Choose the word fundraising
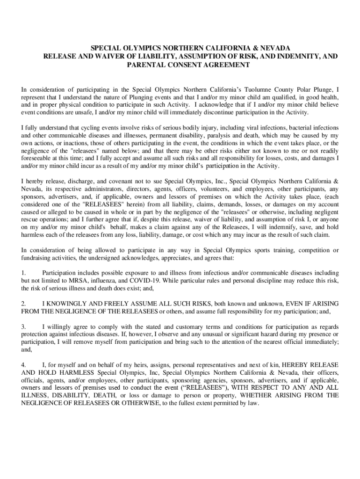(39, 258)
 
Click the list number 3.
(23, 327)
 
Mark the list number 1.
(23, 273)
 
